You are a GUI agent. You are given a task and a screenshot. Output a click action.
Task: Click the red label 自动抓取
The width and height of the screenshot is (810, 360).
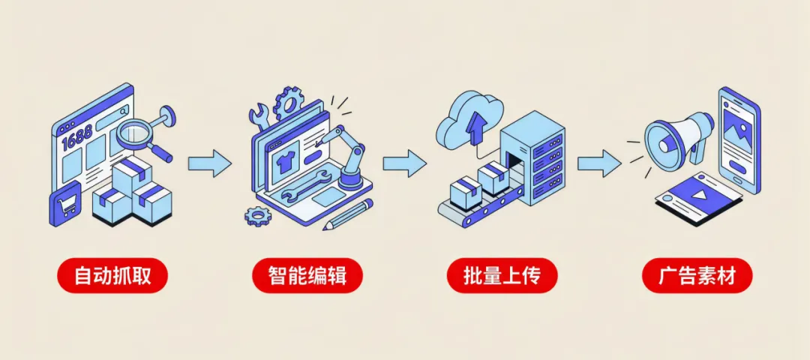[112, 276]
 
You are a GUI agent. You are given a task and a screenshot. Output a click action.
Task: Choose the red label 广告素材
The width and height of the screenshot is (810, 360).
[697, 276]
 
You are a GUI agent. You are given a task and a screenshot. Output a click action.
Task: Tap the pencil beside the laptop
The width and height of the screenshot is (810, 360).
[348, 214]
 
